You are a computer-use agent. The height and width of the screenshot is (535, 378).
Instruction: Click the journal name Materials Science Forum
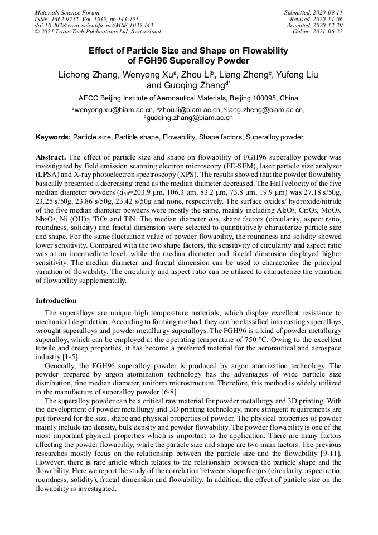click(67, 12)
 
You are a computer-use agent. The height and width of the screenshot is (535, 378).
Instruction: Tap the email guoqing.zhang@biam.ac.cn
click(190, 118)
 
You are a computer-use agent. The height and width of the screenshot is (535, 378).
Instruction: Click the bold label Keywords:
click(54, 137)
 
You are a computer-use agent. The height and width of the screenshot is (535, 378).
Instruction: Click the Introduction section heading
click(56, 301)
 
